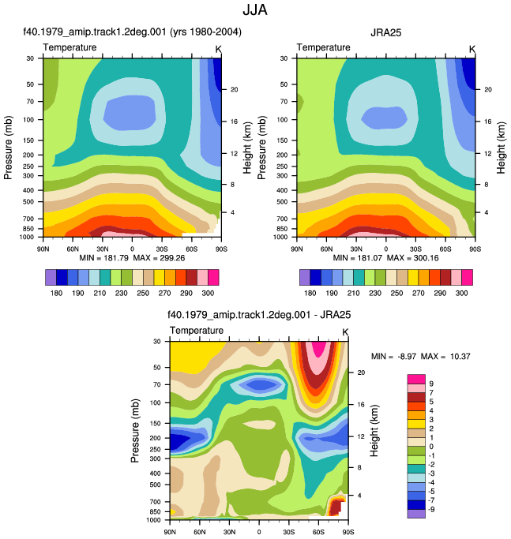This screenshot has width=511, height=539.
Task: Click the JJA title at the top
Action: pos(255,9)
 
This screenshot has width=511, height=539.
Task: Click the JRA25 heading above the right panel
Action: pos(385,32)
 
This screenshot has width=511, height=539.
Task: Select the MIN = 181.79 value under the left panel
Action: pos(104,258)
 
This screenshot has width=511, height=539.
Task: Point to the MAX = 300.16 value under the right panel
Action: pos(412,258)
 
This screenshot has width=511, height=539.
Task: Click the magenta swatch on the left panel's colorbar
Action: pos(213,278)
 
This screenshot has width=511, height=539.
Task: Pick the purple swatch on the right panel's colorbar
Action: pos(305,278)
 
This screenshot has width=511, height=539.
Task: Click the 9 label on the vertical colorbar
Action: pos(431,384)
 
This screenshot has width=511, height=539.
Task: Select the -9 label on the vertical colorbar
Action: pos(430,509)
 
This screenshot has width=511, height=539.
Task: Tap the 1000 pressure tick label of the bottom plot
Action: pos(153,520)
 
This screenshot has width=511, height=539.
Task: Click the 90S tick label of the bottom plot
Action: pos(348,532)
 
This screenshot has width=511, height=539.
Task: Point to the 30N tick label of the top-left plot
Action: pos(102,249)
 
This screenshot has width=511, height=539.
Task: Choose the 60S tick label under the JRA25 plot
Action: pos(445,249)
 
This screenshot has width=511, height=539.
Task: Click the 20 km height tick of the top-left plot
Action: pos(234,89)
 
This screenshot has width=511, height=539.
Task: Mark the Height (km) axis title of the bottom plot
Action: pos(374,430)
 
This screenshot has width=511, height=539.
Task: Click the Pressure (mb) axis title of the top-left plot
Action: pos(8,148)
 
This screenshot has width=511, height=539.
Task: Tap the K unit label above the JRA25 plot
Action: pos(472,50)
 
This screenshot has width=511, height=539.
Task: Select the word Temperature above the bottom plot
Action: pos(197,331)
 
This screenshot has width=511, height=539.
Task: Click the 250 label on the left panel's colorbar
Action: pos(143,293)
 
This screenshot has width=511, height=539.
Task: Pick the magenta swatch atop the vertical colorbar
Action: pos(416,379)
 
